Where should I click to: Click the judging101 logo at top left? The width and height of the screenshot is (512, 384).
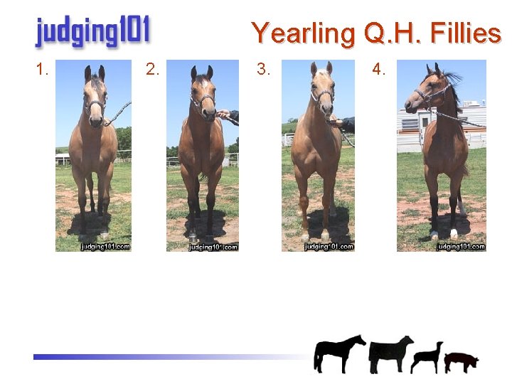point(92,32)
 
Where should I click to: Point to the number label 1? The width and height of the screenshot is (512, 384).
point(42,70)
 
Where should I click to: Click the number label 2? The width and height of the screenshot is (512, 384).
point(151,70)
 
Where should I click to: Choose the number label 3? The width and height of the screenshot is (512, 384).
point(263,70)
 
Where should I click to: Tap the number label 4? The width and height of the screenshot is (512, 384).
point(379,70)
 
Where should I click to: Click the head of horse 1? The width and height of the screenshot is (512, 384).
point(95,96)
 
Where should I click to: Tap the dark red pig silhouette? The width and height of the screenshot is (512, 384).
point(461,361)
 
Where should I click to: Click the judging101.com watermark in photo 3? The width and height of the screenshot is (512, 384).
point(329,247)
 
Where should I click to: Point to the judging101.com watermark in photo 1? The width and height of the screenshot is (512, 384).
point(105,247)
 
